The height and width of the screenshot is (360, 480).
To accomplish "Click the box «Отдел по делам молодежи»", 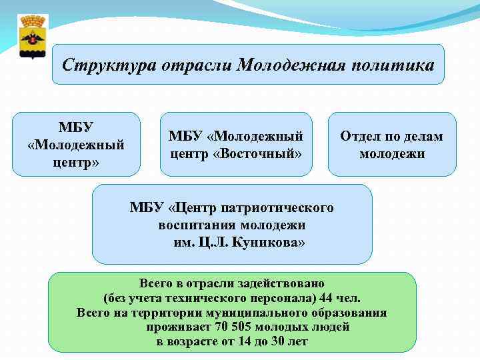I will (x=391, y=145).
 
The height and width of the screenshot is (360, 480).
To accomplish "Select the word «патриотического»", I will (x=281, y=208).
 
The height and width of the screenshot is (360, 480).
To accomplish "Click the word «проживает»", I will (x=179, y=327).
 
